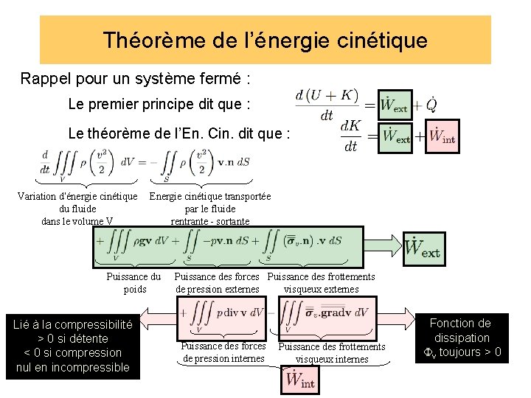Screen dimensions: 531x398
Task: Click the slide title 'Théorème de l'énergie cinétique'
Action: click(265, 40)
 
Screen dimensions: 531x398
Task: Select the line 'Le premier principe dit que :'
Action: click(159, 105)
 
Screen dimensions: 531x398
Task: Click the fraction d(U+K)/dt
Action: click(326, 105)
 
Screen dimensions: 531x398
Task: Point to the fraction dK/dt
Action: click(350, 136)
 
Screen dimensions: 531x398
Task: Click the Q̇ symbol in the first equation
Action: click(431, 105)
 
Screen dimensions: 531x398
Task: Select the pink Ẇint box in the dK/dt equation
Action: click(442, 136)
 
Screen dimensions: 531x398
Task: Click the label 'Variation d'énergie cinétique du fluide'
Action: click(77, 208)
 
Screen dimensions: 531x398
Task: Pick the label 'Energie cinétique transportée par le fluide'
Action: click(210, 208)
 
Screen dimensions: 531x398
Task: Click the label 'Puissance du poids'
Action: click(133, 283)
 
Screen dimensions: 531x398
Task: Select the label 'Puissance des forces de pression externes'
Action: click(217, 283)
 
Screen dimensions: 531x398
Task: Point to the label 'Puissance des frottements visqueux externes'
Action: click(321, 283)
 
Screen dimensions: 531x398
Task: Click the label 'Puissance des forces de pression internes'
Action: click(223, 352)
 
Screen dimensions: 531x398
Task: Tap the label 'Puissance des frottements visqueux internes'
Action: click(332, 352)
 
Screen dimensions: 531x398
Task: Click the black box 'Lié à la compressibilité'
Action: click(72, 345)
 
